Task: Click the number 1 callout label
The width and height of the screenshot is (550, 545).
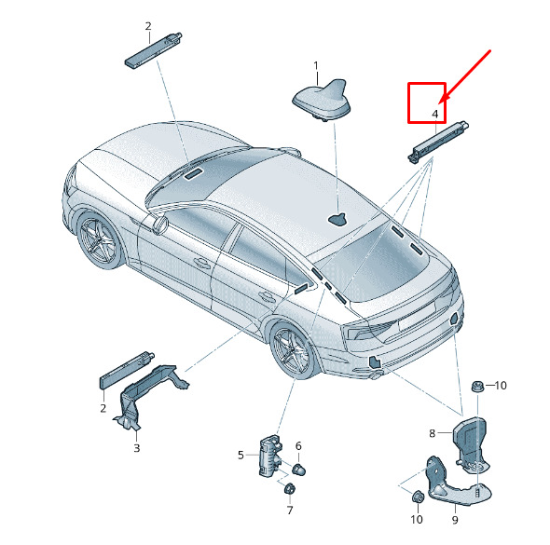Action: (316, 66)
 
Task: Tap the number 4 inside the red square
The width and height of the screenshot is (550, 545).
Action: (435, 114)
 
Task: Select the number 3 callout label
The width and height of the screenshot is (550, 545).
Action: (137, 448)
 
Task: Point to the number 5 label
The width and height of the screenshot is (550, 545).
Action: (241, 456)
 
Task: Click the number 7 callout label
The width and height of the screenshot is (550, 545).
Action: (290, 511)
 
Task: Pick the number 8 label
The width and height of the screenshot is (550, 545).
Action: (433, 433)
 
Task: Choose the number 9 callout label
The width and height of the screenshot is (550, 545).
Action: (455, 520)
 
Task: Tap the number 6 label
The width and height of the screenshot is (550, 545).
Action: (298, 446)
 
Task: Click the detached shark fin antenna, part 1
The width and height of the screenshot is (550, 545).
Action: (322, 101)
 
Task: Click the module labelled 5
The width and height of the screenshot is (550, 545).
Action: (270, 456)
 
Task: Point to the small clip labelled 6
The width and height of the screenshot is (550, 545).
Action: (298, 469)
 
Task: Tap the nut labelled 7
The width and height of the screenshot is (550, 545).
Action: (290, 488)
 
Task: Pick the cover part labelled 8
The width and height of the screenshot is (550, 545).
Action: (470, 443)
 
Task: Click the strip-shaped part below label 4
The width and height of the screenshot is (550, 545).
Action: (438, 142)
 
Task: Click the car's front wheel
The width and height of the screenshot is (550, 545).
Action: (99, 239)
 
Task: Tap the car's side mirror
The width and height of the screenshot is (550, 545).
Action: (160, 225)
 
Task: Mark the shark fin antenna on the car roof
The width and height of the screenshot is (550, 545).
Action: (337, 220)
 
